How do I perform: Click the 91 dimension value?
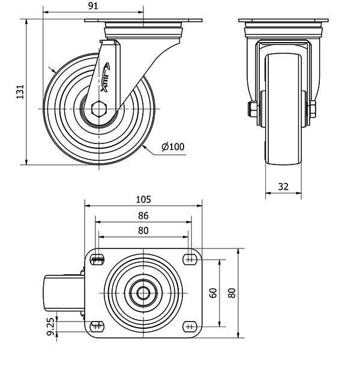point(94,6)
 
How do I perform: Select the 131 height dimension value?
point(20,92)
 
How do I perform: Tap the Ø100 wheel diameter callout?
point(173,146)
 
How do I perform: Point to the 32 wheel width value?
point(283,187)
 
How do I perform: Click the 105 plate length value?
point(143,200)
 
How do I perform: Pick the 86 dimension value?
point(143,215)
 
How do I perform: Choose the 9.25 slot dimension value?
point(50,327)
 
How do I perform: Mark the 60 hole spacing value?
point(213,293)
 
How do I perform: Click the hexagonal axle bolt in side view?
point(99,109)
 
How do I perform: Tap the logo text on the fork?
point(105,77)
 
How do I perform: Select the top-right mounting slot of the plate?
point(190,259)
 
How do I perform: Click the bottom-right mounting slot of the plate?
point(190,326)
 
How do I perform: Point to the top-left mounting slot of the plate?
point(97,259)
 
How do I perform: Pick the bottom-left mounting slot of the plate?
point(97,326)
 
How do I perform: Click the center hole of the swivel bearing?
point(143,293)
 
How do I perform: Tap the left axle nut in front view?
point(251,109)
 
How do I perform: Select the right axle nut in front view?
point(313,109)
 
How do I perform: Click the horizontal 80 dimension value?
point(143,230)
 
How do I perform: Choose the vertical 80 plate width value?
point(232,293)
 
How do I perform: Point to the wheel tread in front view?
point(283,109)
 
